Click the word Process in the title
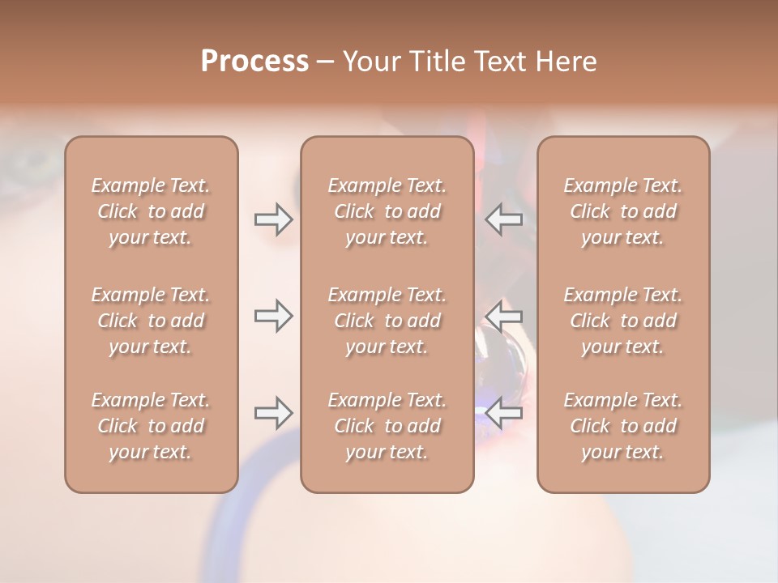click(x=254, y=62)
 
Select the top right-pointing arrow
click(x=273, y=219)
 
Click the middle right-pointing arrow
click(x=273, y=316)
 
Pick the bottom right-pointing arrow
click(x=273, y=413)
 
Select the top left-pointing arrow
click(x=504, y=219)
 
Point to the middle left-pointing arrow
click(x=504, y=316)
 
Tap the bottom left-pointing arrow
click(x=504, y=413)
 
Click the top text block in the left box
click(x=151, y=211)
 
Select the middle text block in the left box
click(x=151, y=321)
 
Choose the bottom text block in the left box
click(x=151, y=426)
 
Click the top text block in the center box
click(x=387, y=211)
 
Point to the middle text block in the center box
click(x=387, y=321)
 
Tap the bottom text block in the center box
click(x=387, y=426)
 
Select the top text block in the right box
click(x=623, y=211)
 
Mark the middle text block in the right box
click(x=623, y=321)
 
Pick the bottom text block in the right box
click(x=623, y=426)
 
